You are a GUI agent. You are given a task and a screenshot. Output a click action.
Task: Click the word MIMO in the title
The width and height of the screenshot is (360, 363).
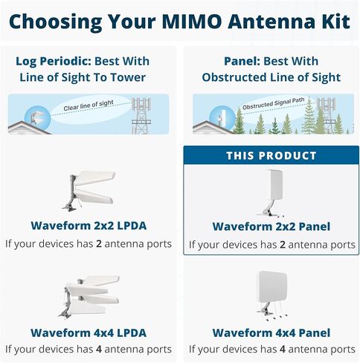click(192, 22)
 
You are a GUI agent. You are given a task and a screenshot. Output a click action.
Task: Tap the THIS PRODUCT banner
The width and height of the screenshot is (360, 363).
click(271, 155)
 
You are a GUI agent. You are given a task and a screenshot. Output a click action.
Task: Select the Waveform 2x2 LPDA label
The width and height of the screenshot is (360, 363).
click(89, 225)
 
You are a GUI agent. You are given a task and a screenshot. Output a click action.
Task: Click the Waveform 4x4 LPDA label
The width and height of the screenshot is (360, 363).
click(89, 333)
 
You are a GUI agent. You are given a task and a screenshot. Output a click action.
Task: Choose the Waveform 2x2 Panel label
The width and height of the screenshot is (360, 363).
click(271, 226)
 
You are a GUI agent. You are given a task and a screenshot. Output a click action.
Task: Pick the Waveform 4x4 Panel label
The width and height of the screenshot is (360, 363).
click(271, 333)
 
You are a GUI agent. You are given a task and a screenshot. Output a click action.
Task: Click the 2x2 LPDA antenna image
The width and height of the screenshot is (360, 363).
click(89, 190)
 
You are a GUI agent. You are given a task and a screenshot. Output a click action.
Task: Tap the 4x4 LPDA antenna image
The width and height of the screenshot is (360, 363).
click(89, 296)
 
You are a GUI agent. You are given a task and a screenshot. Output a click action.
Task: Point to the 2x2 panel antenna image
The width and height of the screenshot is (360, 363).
click(271, 193)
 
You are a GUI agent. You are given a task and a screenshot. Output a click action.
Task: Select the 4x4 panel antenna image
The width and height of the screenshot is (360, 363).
click(272, 296)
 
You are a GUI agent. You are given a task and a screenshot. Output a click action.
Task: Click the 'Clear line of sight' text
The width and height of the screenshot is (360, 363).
click(89, 106)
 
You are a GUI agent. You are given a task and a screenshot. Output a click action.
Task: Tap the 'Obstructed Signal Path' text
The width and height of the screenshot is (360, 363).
click(273, 103)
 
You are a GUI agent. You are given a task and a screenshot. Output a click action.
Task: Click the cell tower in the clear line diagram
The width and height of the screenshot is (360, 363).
click(141, 115)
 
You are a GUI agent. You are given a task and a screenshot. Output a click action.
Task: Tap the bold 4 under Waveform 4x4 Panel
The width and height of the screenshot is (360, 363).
click(283, 349)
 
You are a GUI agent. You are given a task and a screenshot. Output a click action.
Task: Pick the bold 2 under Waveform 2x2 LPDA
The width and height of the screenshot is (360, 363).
click(99, 244)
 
